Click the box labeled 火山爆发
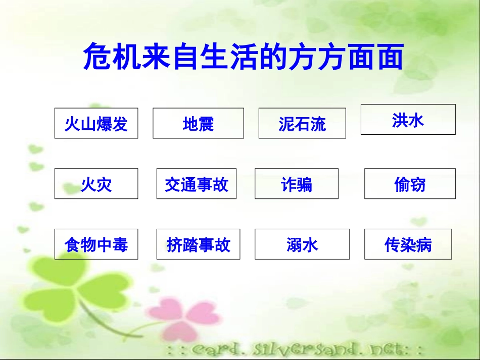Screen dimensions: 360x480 coord(96,123)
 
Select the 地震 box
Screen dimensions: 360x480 coord(198,123)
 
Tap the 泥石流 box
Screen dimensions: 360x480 coord(302,123)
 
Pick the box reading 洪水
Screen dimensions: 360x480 coord(408,120)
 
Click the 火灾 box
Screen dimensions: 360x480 coord(96,184)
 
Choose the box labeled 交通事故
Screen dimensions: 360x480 coord(196,184)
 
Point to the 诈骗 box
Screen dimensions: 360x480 coord(297,184)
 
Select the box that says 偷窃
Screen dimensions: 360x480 coord(410,184)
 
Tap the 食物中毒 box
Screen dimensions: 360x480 coord(96,244)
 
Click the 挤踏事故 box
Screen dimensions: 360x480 coord(198,244)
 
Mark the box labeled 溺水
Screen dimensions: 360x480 coord(302,244)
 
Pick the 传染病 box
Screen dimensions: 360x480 coord(408,244)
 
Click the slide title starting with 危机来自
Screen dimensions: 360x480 coord(243,57)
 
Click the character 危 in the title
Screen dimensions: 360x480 coord(95,57)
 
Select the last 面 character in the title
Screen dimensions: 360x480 coord(390,57)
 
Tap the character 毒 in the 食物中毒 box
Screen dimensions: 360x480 coord(120,245)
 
